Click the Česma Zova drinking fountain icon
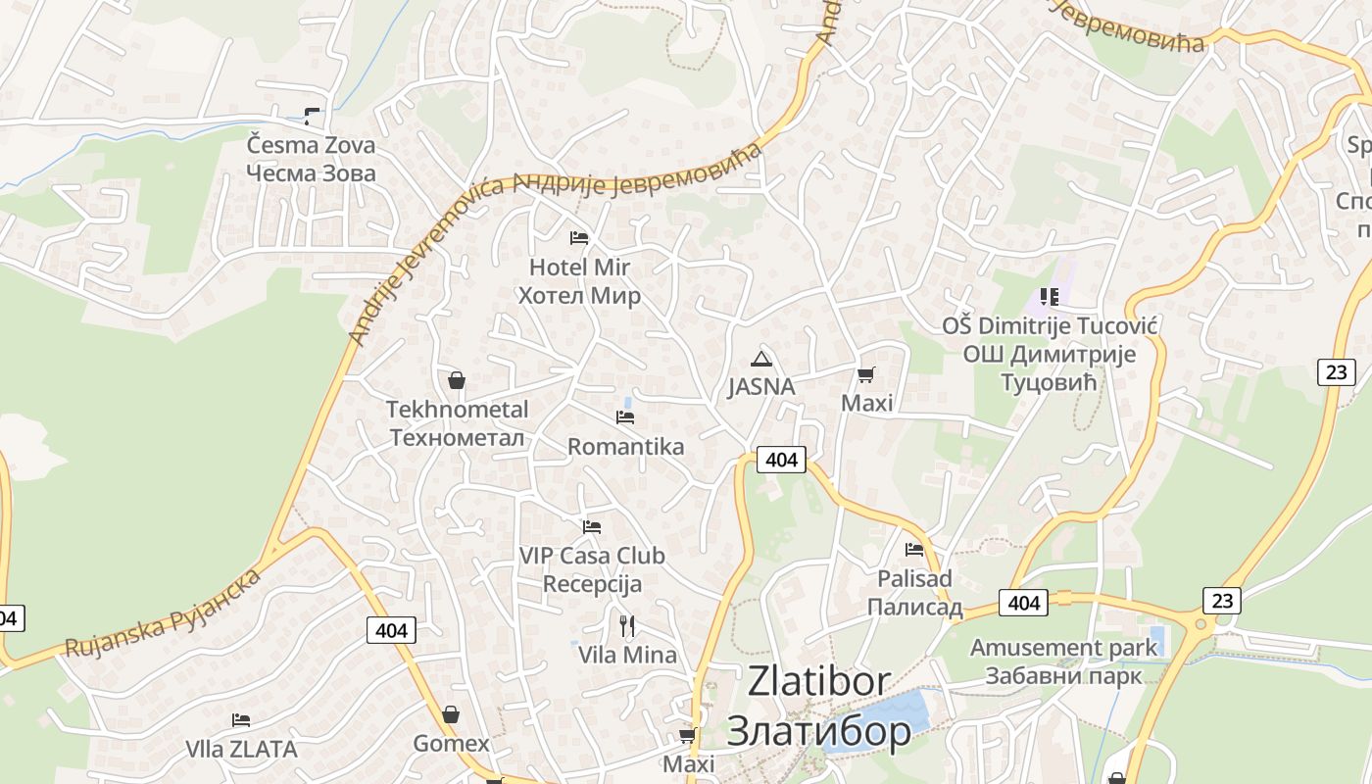click(312, 117)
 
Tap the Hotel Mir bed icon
click(579, 238)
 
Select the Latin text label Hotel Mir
click(579, 267)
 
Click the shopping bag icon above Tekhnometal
click(456, 380)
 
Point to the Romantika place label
click(625, 447)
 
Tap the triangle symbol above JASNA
click(760, 359)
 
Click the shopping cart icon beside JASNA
click(865, 374)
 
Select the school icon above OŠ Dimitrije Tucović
click(1050, 296)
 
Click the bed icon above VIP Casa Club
click(591, 527)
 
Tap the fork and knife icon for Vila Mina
click(627, 625)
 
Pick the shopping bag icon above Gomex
click(450, 714)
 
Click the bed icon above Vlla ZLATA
click(241, 720)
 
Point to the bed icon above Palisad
click(914, 550)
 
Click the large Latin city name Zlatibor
click(819, 681)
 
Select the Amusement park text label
click(1063, 648)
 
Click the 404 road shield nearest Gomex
click(391, 630)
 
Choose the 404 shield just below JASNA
click(781, 459)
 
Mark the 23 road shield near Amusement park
click(1221, 600)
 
